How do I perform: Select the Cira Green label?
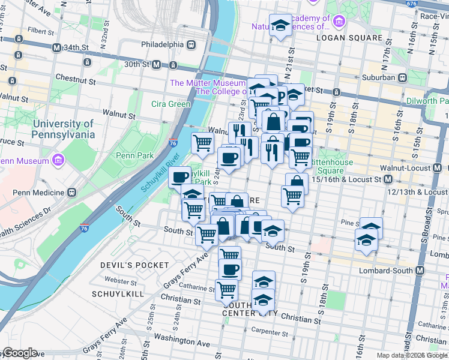click(x=170, y=104)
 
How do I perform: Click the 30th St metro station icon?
click(x=155, y=64)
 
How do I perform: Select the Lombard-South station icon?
click(x=420, y=271)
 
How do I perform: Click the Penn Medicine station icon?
click(x=71, y=193)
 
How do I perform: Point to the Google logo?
click(x=19, y=353)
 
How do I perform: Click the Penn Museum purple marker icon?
click(x=58, y=161)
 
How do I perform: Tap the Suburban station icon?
click(x=404, y=77)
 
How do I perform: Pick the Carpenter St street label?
click(x=271, y=331)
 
